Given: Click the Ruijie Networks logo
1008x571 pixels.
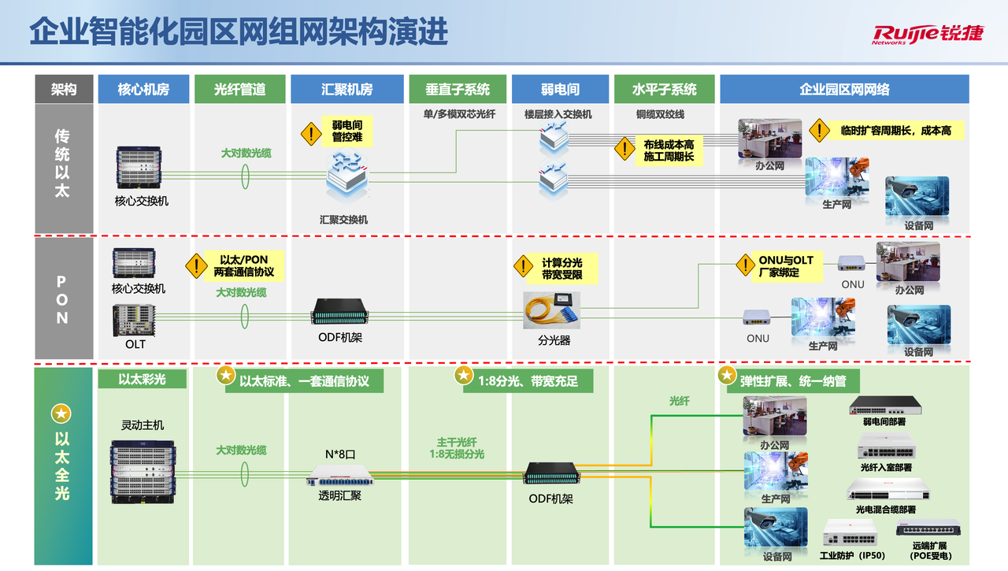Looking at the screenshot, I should pyautogui.click(x=927, y=34).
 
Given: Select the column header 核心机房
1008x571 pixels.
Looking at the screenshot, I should pyautogui.click(x=143, y=89).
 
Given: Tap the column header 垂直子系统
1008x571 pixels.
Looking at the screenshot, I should pyautogui.click(x=457, y=89).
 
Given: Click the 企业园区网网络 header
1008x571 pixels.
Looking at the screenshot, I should pyautogui.click(x=844, y=89).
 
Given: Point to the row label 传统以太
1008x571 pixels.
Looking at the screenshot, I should pyautogui.click(x=62, y=163).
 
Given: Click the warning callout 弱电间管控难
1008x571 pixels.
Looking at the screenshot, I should pyautogui.click(x=346, y=132).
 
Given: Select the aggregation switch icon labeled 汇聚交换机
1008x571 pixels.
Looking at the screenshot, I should pyautogui.click(x=347, y=180).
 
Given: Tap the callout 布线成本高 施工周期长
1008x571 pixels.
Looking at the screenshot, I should pyautogui.click(x=668, y=150).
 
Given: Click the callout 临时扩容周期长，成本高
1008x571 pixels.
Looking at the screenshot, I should pyautogui.click(x=896, y=131).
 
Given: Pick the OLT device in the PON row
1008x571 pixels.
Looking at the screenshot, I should pyautogui.click(x=134, y=321).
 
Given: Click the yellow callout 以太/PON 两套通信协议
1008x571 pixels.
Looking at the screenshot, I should pyautogui.click(x=243, y=265).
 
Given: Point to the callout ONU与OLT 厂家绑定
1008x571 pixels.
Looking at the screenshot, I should pyautogui.click(x=784, y=266).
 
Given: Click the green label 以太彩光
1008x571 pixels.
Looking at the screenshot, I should pyautogui.click(x=143, y=379).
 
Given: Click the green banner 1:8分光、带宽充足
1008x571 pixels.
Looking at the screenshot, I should pyautogui.click(x=528, y=381).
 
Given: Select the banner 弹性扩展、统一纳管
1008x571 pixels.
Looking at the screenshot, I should pyautogui.click(x=792, y=381).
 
